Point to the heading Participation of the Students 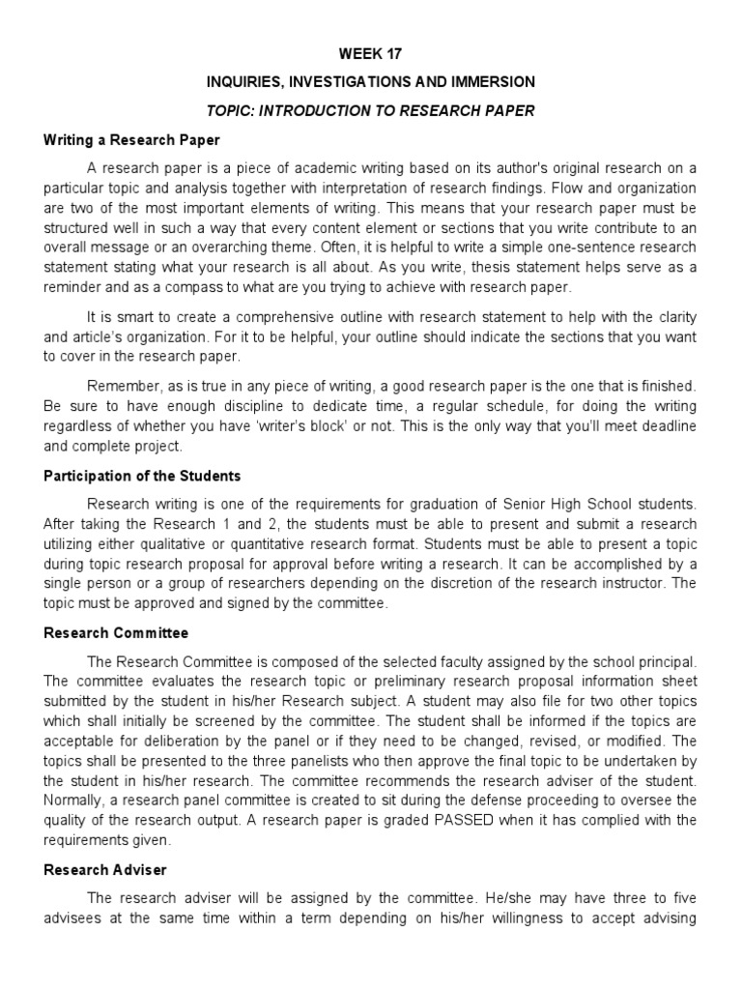142,476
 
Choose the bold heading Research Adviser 105,869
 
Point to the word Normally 75,801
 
